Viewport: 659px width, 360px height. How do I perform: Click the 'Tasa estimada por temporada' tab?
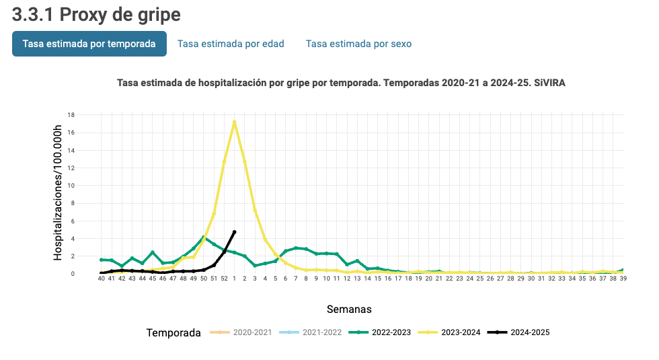[x=89, y=44]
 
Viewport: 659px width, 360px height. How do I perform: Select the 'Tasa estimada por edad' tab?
[x=231, y=44]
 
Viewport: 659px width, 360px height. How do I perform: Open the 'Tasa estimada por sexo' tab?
[x=358, y=44]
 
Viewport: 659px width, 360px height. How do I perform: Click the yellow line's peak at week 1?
[x=234, y=122]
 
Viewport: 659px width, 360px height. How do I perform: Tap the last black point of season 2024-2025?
[x=234, y=232]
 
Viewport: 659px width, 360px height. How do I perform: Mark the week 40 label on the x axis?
[x=102, y=279]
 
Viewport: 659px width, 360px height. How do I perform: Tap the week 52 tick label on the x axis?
[x=224, y=279]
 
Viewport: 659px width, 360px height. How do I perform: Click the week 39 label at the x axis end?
[x=623, y=279]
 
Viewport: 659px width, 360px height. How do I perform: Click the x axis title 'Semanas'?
[x=349, y=310]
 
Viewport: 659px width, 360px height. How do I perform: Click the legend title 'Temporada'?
[x=173, y=333]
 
